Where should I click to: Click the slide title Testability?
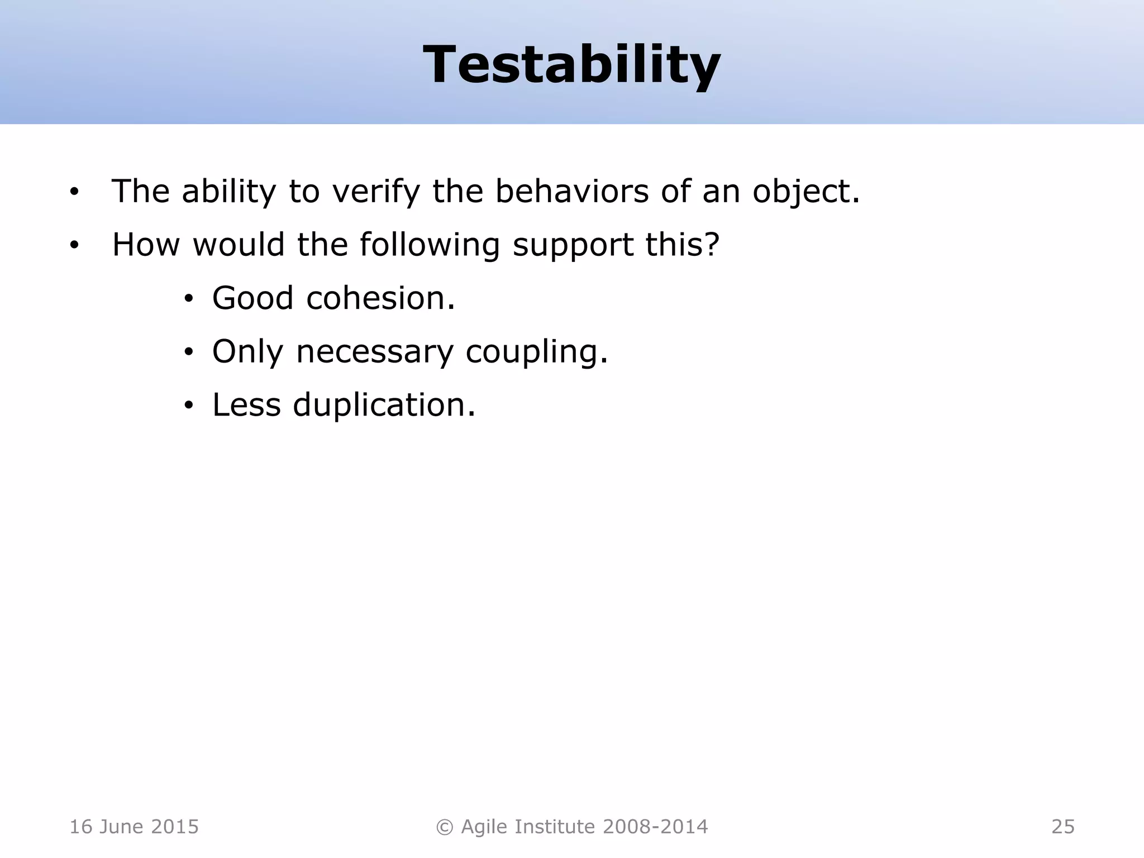click(x=571, y=65)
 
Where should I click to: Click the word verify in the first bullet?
click(x=375, y=192)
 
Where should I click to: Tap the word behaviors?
click(x=571, y=192)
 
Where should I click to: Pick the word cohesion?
click(x=380, y=298)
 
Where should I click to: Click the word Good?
click(x=252, y=298)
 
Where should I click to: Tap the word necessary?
click(x=374, y=352)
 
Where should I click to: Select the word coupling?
click(x=536, y=352)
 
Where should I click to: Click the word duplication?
click(x=384, y=405)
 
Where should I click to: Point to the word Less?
click(x=246, y=405)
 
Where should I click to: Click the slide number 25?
click(x=1062, y=827)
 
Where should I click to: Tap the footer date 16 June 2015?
click(x=134, y=827)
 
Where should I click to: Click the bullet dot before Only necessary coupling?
click(x=189, y=352)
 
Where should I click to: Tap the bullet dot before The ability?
click(x=74, y=193)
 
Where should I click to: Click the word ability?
click(x=229, y=192)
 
